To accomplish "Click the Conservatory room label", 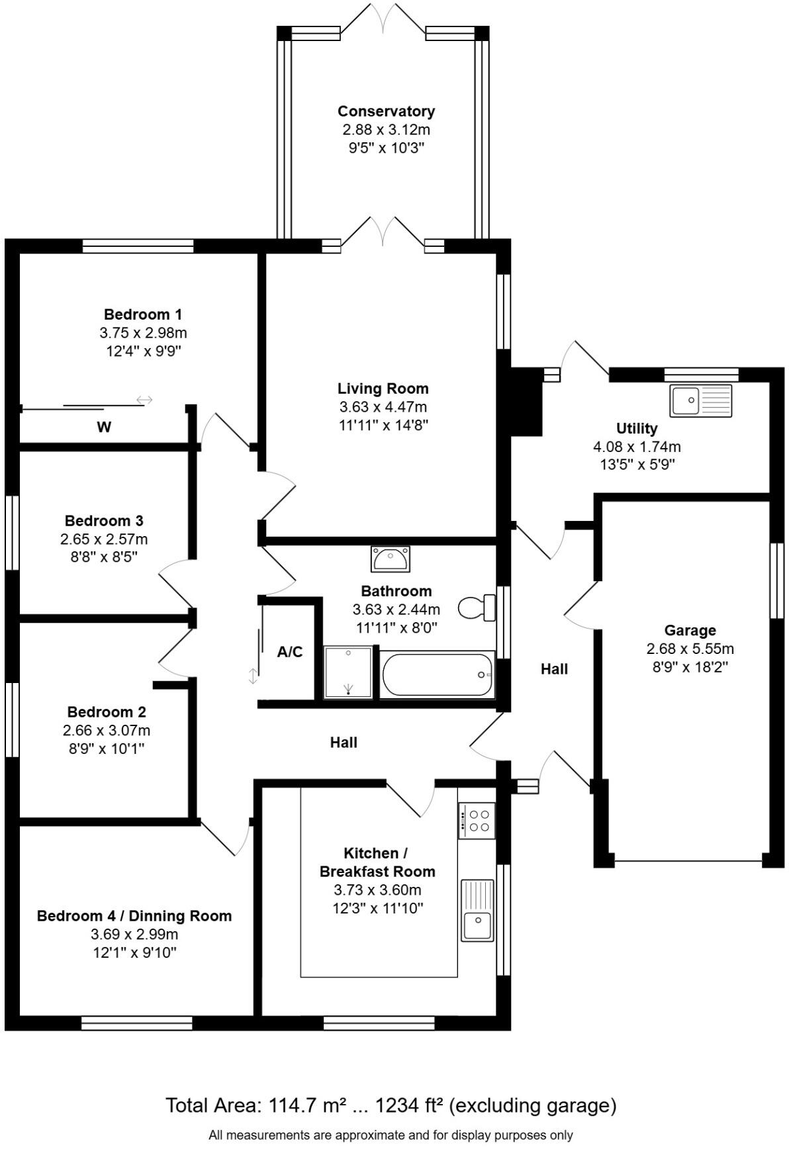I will point(386,111).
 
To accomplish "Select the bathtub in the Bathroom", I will point(438,674).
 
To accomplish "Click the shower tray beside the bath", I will point(348,672).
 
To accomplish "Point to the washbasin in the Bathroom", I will point(390,559).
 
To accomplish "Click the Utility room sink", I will point(701,400).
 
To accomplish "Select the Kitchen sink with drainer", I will point(477,909).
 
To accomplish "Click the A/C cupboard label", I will point(290,652).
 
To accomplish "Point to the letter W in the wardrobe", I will point(104,428).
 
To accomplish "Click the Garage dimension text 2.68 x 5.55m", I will point(690,649).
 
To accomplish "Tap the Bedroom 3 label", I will point(104,521).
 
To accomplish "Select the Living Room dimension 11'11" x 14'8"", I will point(383,425).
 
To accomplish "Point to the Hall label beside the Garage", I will point(554,669).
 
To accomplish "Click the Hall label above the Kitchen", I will point(344,743).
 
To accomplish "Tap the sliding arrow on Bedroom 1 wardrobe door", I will point(144,400).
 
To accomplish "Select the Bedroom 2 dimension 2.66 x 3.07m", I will point(107,731).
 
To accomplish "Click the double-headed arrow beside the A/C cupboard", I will point(253,676).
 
